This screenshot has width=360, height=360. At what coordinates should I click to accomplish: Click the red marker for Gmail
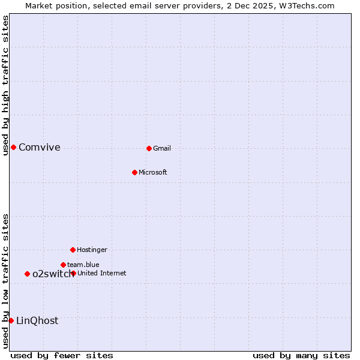point(149,148)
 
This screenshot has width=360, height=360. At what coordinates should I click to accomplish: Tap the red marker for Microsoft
point(134,172)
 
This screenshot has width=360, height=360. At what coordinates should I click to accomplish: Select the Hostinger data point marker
point(73,250)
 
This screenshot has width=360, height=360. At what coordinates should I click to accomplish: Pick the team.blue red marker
point(63,265)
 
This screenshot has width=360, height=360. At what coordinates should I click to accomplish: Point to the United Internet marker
point(73,273)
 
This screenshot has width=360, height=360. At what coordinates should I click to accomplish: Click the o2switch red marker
point(27,274)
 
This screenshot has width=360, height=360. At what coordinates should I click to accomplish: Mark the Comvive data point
point(13,147)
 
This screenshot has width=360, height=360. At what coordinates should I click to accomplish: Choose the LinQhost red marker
point(11,320)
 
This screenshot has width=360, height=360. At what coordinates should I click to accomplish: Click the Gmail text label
point(162,148)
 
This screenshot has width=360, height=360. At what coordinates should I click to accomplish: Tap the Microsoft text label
point(153,172)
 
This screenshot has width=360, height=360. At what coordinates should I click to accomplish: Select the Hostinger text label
point(92,250)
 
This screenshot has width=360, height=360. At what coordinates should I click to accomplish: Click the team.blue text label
point(83,265)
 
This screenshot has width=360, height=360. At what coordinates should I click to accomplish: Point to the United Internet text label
point(102,273)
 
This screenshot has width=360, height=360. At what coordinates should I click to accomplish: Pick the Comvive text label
point(40,147)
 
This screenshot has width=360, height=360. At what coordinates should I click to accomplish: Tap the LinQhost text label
point(37,320)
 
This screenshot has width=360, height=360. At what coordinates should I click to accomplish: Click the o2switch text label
point(53,274)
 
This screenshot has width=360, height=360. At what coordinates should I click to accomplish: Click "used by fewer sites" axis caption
point(62,355)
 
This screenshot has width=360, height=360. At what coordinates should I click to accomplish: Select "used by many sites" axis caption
point(301,355)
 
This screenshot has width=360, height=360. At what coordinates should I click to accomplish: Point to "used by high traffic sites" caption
point(5,85)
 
